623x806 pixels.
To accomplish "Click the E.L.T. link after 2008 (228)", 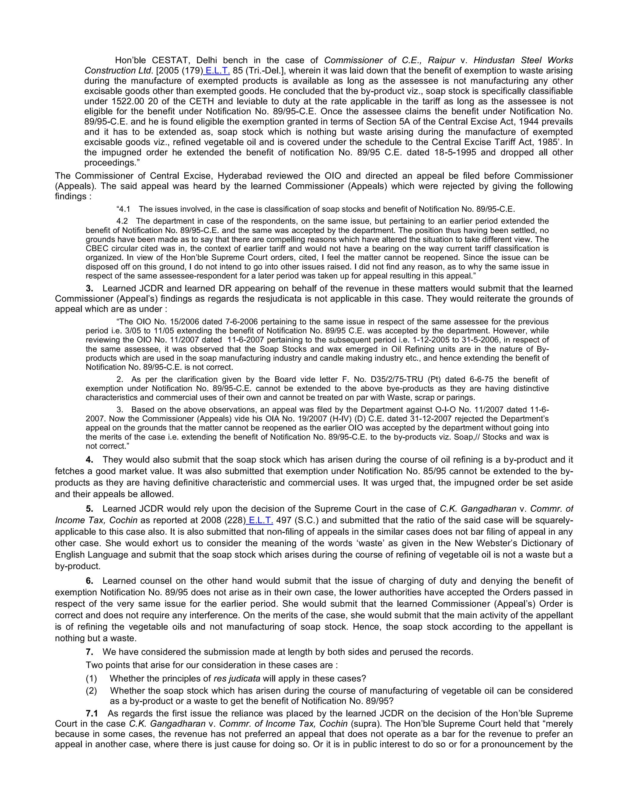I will (x=261, y=520).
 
